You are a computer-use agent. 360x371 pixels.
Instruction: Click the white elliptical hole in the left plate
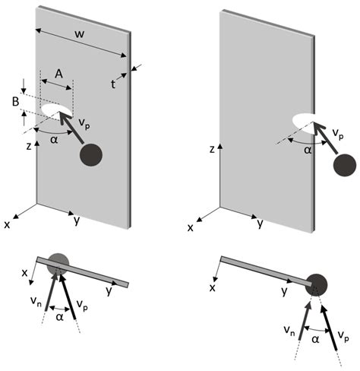pos(56,113)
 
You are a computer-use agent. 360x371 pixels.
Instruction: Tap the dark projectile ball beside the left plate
pos(91,154)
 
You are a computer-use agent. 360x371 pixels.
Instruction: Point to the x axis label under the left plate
pos(8,225)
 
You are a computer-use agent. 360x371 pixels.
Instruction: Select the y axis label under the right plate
pos(261,224)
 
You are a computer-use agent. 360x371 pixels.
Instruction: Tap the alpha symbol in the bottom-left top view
pos(59,312)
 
